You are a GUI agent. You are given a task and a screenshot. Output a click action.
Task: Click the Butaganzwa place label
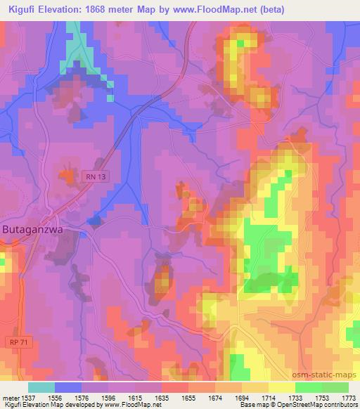pyautogui.click(x=34, y=230)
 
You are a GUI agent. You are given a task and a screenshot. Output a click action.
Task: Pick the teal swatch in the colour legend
pyautogui.click(x=41, y=387)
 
